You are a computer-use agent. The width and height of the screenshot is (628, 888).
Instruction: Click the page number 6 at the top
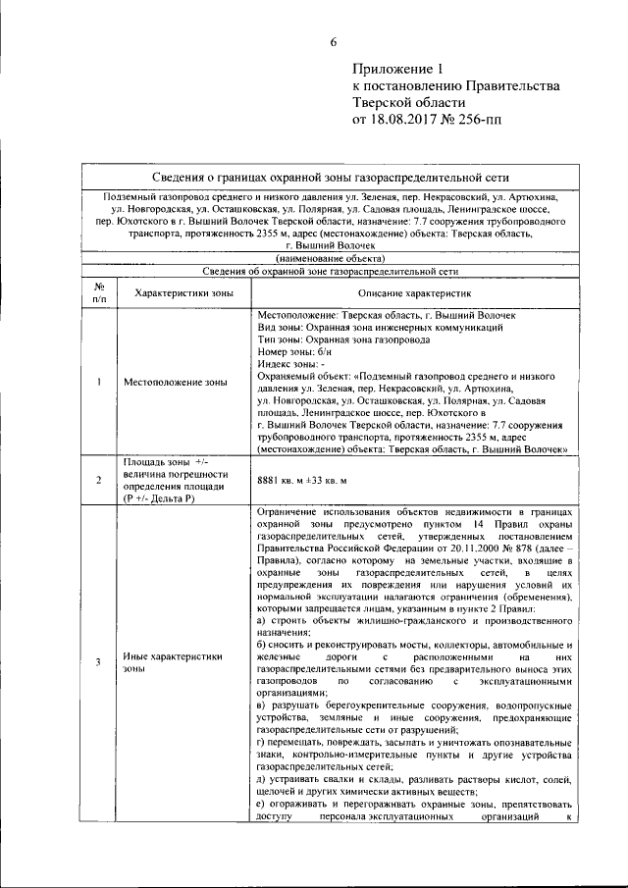click(x=333, y=41)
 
